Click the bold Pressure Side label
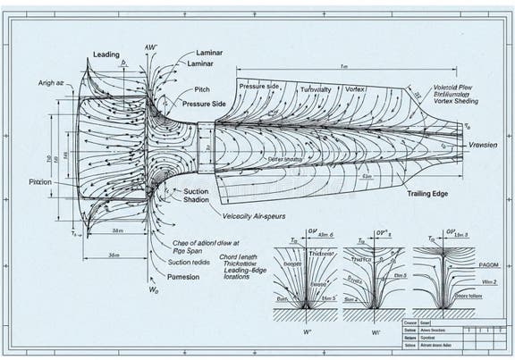204,105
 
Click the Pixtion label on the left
39,181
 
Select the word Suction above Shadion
197,191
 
